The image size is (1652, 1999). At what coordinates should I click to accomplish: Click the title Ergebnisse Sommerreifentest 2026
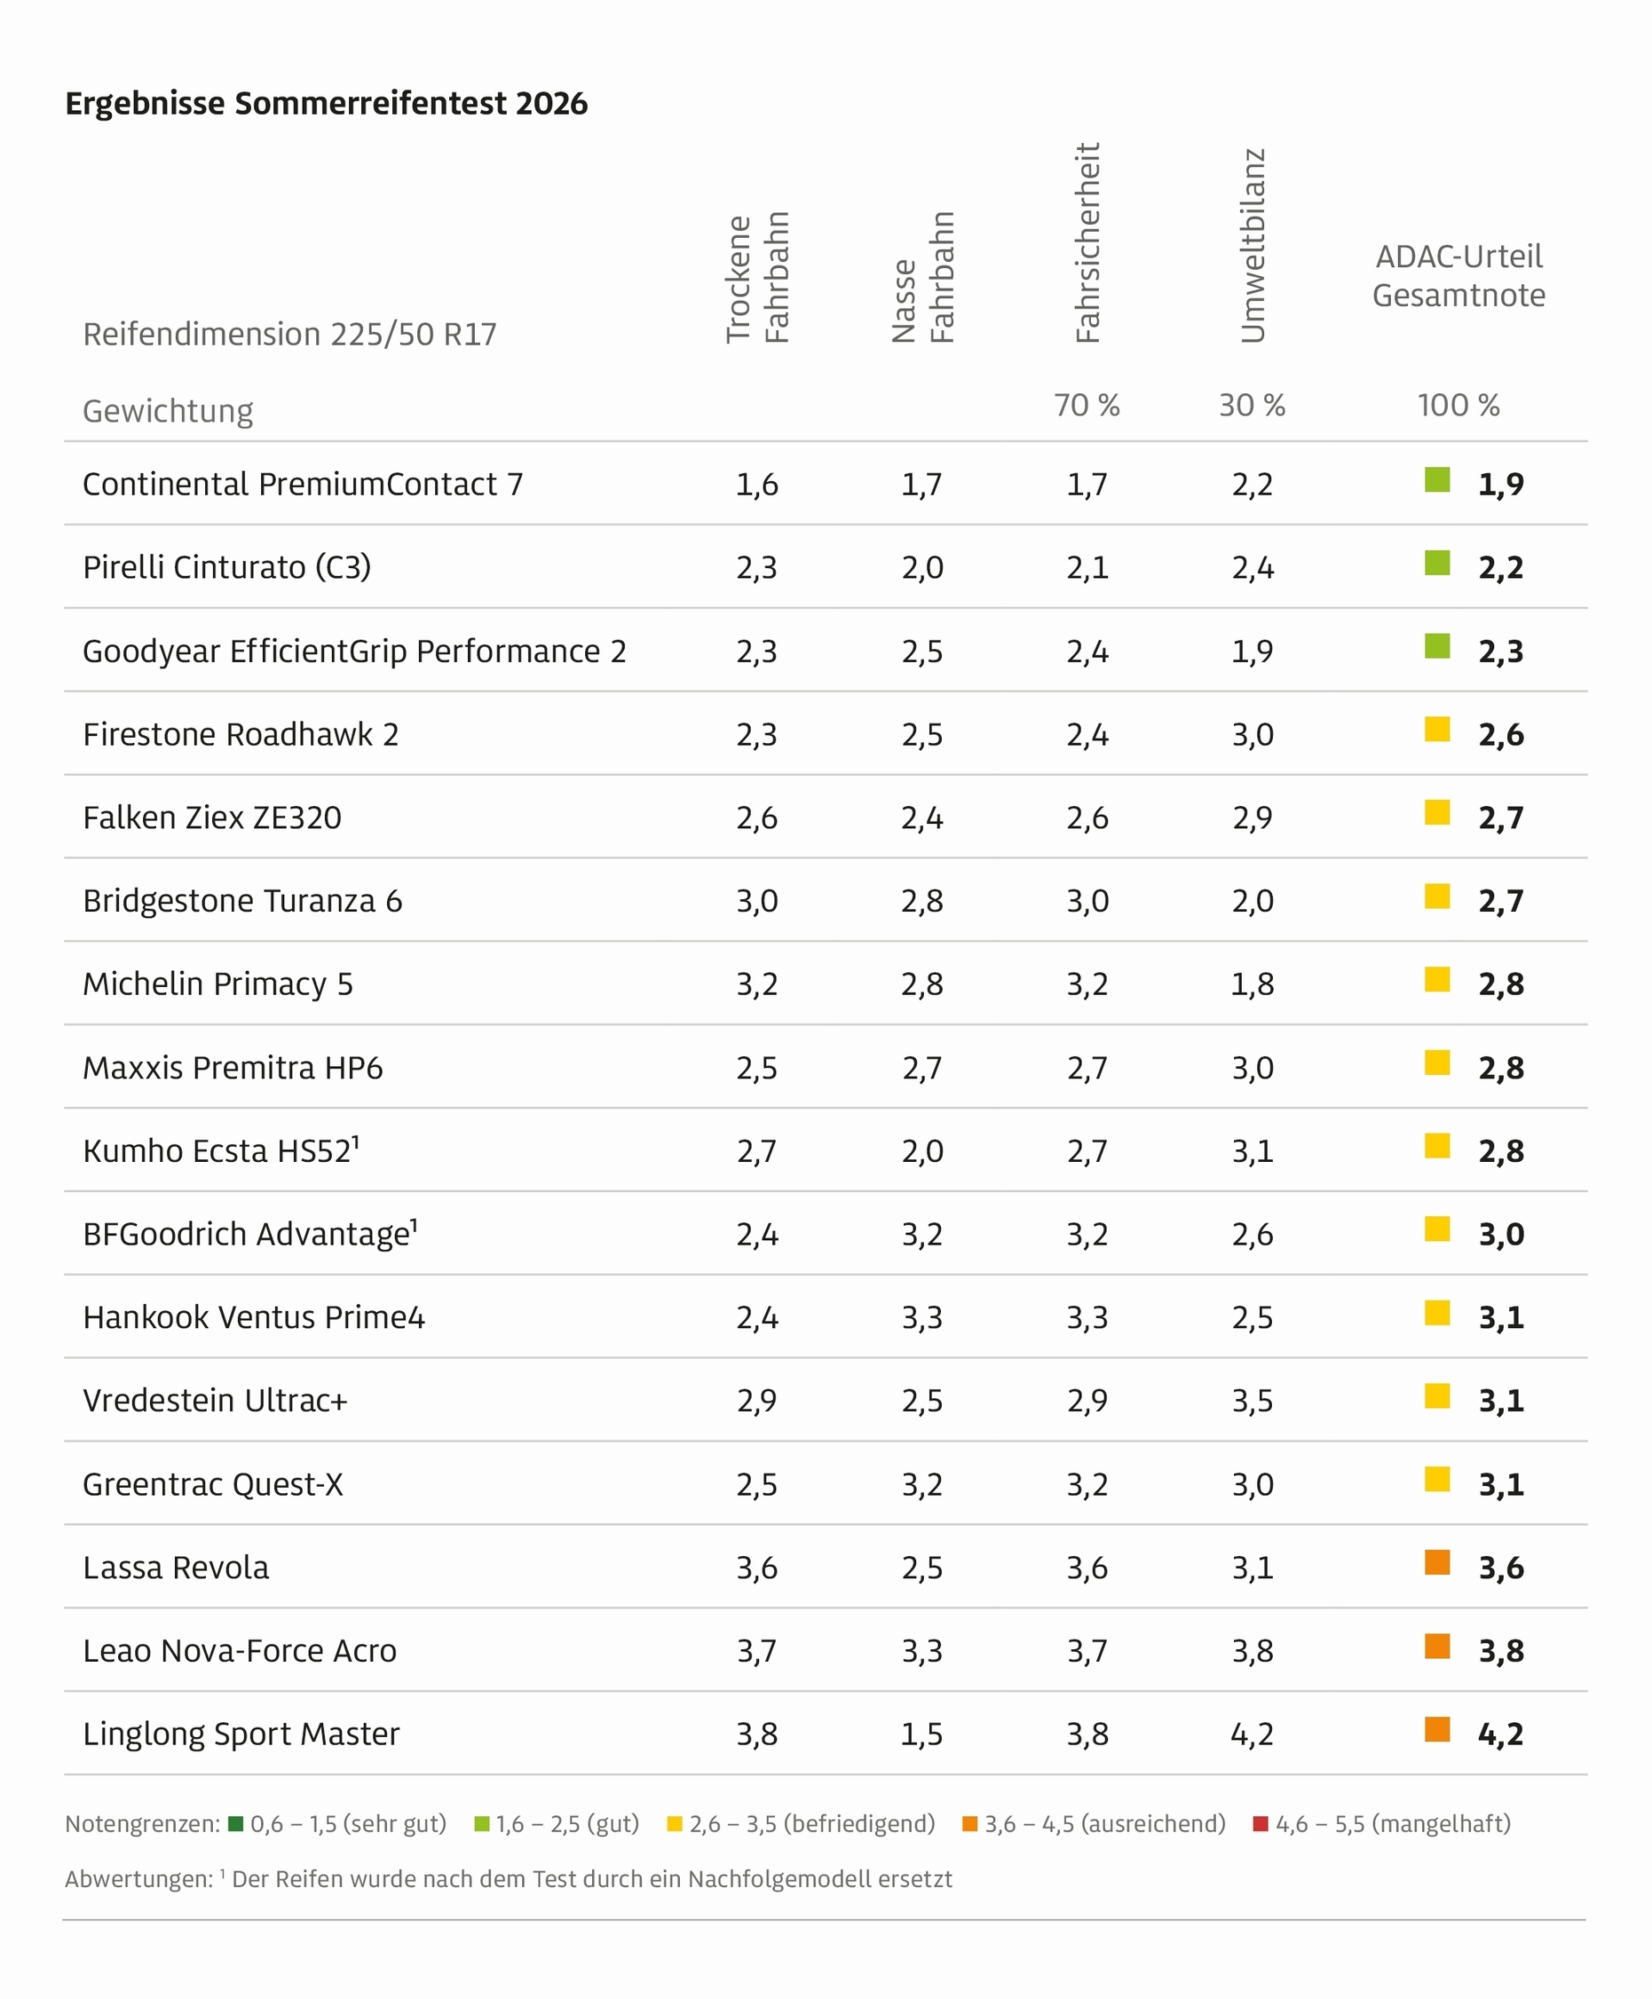326,103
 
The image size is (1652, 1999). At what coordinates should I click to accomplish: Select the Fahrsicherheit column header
1087,242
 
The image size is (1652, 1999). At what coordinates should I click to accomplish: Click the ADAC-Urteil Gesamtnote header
1458,276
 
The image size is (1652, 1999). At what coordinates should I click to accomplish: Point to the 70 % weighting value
1087,406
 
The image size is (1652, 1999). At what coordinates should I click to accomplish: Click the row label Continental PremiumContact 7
303,485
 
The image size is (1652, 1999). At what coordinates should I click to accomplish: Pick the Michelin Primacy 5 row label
217,984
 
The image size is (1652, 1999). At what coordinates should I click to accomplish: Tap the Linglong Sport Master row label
241,1734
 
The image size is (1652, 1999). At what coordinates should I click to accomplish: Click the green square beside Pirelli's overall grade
1437,564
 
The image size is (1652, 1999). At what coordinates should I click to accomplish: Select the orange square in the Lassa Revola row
1437,1562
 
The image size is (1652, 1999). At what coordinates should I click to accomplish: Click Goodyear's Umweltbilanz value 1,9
1253,652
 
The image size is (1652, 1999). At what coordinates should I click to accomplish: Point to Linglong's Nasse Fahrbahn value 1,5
922,1734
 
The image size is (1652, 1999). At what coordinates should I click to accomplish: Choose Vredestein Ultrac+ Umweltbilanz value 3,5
1253,1401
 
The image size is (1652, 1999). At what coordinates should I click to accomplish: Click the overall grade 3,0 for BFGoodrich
1501,1235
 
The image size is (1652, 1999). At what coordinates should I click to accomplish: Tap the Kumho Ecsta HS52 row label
221,1151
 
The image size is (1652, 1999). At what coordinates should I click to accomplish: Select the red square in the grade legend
1261,1824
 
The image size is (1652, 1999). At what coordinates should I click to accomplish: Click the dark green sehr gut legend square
236,1824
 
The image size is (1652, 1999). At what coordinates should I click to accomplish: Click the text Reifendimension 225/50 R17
289,335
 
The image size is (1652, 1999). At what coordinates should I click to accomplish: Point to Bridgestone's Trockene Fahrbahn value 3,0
756,901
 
